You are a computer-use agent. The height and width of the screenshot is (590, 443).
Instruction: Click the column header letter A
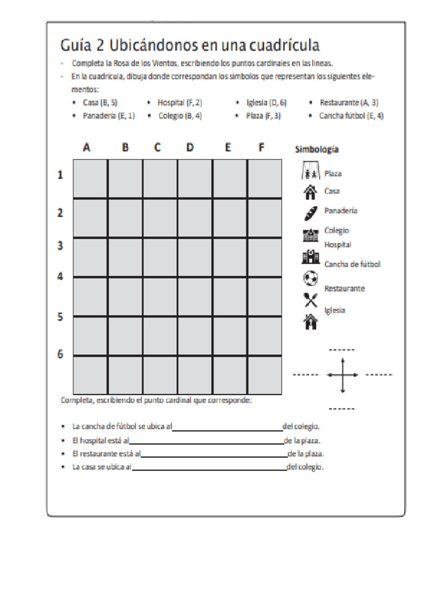click(x=87, y=147)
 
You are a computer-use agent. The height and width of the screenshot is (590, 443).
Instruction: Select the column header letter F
click(x=261, y=147)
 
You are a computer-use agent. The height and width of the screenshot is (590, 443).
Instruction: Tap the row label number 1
click(x=60, y=175)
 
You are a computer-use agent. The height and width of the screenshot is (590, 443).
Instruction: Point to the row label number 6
click(x=60, y=354)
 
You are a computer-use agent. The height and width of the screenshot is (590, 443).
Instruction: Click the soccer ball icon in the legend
click(x=310, y=278)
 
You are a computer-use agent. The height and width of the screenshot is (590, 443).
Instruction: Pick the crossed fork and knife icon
click(x=310, y=300)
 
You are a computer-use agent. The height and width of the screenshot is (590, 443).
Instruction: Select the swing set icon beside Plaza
click(x=310, y=172)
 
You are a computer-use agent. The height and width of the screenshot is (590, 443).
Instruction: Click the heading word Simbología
click(x=317, y=150)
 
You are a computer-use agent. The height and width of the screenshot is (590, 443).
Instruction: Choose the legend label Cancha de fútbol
click(x=352, y=264)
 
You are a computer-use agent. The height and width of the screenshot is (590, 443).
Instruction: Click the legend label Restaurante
click(x=344, y=288)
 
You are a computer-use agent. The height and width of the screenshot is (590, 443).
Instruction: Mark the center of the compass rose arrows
click(x=343, y=375)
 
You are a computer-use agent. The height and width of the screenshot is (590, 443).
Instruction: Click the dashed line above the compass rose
click(x=342, y=350)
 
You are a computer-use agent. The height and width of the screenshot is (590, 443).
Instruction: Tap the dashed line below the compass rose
click(x=342, y=409)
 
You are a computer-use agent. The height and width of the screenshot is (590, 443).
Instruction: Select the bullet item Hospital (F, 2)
click(x=179, y=103)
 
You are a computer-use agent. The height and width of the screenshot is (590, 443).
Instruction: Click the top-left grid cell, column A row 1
click(x=90, y=179)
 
